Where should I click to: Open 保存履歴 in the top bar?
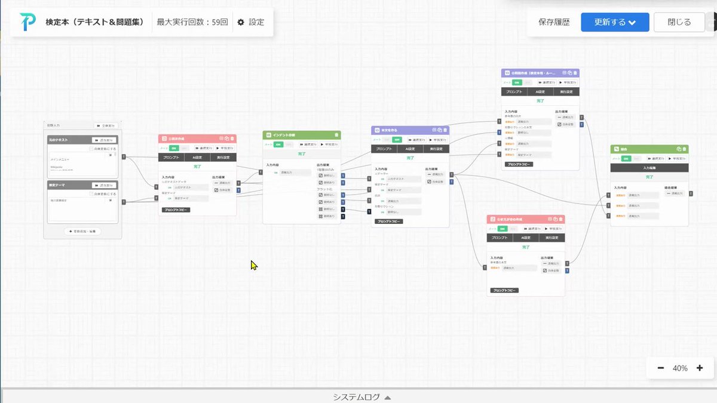(554, 22)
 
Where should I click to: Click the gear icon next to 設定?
(241, 22)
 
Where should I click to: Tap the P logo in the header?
(27, 22)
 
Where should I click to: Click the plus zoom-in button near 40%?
(700, 368)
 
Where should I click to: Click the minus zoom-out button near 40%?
(661, 368)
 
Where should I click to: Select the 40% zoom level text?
(680, 368)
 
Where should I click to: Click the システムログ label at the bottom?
(356, 397)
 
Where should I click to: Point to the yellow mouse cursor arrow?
(254, 265)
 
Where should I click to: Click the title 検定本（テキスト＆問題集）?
(95, 22)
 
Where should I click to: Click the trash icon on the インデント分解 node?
(337, 135)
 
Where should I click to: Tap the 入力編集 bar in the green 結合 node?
(649, 168)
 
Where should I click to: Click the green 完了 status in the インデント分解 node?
(302, 153)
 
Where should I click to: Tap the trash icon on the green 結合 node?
(685, 149)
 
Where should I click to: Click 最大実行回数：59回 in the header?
(192, 22)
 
